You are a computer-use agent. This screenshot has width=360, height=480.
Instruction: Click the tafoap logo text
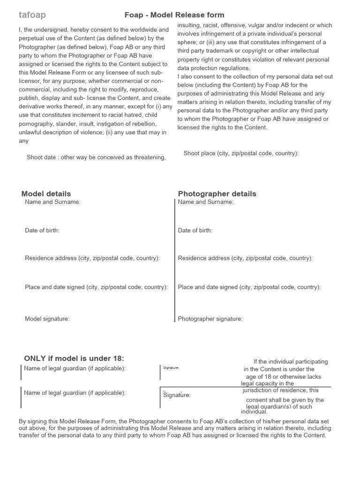point(32,15)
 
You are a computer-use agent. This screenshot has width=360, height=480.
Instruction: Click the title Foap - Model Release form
point(174,15)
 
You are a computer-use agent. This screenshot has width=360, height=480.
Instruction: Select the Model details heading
point(46,194)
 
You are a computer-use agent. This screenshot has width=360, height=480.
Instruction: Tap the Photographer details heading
point(217,194)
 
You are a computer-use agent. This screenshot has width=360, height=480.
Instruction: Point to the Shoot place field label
point(241,153)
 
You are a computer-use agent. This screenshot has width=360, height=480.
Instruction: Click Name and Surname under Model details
point(52,202)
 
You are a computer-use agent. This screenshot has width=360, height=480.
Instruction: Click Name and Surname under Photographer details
point(206,202)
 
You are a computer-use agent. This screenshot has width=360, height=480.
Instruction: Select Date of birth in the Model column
point(42,230)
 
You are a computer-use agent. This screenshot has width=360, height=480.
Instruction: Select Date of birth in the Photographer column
point(195,230)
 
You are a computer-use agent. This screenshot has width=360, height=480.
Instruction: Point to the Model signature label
point(47,319)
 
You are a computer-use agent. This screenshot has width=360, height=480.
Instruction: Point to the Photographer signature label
point(210,319)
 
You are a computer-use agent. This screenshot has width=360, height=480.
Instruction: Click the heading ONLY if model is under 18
point(74,359)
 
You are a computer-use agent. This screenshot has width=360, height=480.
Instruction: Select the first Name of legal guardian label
point(75,368)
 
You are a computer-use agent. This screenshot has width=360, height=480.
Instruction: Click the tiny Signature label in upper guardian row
point(171,367)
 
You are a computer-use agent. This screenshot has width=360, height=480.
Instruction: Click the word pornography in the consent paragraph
point(36,123)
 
